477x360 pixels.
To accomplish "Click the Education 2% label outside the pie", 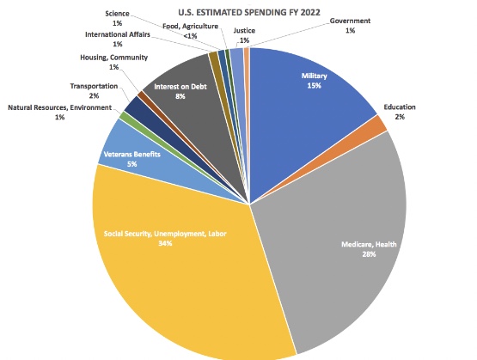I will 401,112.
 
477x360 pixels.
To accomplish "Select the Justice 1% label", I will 245,35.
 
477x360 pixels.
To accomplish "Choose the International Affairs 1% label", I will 116,39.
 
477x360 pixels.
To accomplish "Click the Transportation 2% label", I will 94,90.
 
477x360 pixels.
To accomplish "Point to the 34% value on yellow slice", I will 165,243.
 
